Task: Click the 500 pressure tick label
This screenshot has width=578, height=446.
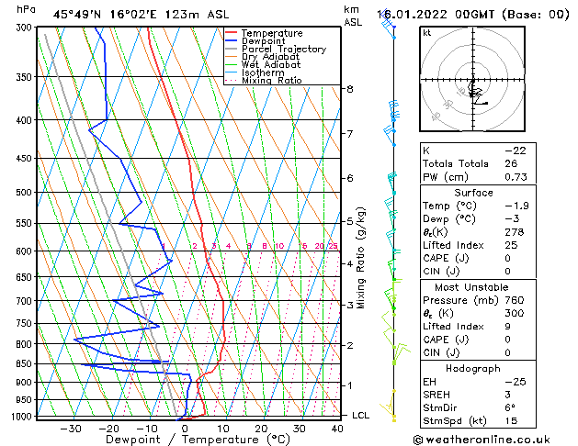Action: click(24, 193)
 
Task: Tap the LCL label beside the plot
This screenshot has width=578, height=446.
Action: click(361, 416)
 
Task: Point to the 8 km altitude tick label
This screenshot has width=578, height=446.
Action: click(349, 89)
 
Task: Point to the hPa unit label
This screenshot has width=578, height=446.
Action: click(26, 9)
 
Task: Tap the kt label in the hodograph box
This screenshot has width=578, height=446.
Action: click(426, 32)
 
